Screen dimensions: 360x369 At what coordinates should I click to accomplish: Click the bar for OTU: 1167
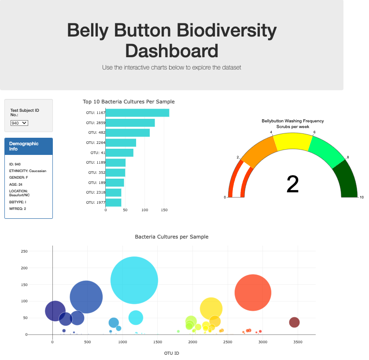click(x=137, y=113)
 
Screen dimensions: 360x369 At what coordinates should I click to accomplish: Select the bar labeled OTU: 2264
click(x=121, y=143)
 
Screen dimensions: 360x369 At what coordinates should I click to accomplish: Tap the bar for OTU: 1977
click(x=114, y=202)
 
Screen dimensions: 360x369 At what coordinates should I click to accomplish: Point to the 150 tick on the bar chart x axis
click(x=164, y=210)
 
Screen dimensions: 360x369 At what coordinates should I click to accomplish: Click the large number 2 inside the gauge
click(x=292, y=184)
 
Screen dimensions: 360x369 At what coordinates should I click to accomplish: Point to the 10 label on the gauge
click(x=362, y=197)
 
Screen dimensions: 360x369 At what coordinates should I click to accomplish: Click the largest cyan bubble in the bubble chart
click(x=134, y=280)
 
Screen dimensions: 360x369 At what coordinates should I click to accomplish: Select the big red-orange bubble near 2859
click(x=253, y=292)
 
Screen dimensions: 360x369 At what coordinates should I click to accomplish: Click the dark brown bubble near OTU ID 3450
click(x=294, y=322)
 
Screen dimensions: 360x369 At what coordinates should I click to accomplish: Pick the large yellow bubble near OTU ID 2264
click(x=211, y=308)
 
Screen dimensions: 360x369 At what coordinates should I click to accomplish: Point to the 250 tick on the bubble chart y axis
click(x=24, y=251)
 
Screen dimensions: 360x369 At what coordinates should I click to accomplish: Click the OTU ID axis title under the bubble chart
click(x=172, y=353)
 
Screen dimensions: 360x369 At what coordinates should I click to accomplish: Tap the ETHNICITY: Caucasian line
click(x=27, y=171)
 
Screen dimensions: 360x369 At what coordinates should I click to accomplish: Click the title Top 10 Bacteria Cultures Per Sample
click(x=129, y=102)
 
